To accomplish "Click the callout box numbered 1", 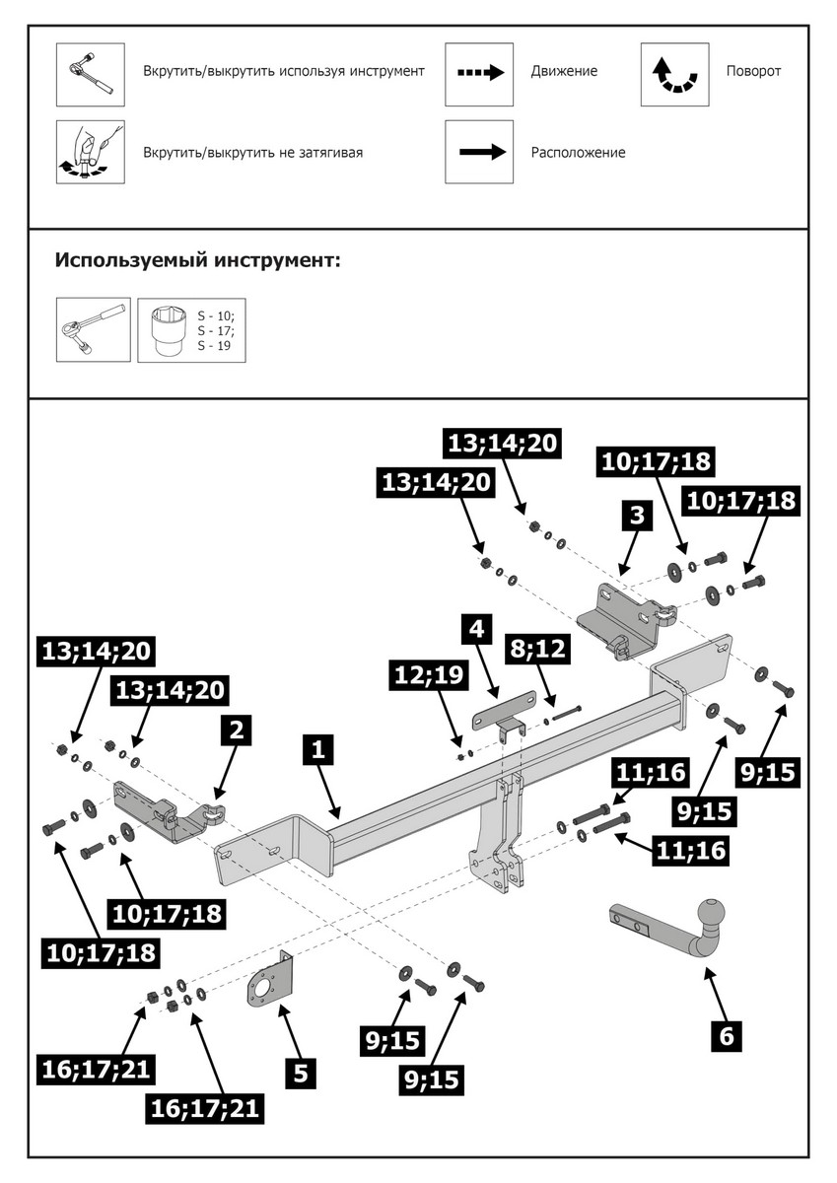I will point(317,750).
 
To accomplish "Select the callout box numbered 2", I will point(236,731).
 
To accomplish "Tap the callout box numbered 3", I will point(637,515).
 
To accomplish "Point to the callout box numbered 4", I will point(476,627).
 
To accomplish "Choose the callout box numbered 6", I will point(727,1036).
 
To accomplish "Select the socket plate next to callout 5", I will point(267,987).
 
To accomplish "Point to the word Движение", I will point(564,71).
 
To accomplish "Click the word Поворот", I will point(753,71).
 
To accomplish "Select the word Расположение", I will point(578,153).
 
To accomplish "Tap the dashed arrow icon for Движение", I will point(479,74).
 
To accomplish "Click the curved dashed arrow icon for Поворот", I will point(673,74).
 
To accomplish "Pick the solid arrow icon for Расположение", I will point(479,152).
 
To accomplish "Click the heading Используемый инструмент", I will point(198,261).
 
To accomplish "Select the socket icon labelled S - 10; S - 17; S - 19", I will point(191,330).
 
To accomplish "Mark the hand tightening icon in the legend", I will point(90,152).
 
